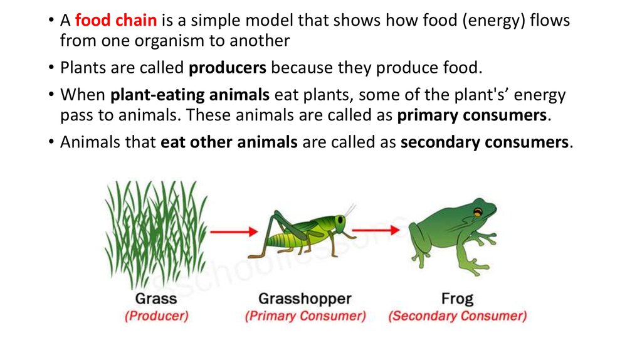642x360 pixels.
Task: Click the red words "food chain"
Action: click(116, 20)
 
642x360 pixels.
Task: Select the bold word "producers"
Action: click(227, 68)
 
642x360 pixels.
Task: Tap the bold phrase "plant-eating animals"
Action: click(190, 95)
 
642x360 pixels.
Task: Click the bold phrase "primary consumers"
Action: click(471, 115)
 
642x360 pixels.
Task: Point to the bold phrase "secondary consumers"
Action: click(485, 142)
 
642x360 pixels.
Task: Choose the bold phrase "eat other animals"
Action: click(229, 142)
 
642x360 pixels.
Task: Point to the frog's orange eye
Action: click(477, 213)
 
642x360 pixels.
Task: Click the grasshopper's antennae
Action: click(349, 210)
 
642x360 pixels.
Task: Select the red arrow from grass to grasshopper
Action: click(234, 232)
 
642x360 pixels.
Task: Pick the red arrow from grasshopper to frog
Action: click(376, 230)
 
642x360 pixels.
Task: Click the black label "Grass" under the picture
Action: click(156, 298)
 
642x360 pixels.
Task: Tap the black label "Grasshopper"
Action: click(305, 299)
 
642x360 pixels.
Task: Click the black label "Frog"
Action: click(457, 299)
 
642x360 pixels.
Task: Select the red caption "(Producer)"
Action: click(156, 316)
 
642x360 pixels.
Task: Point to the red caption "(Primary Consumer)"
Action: click(305, 316)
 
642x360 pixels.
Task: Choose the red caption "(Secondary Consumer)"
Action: click(457, 316)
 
